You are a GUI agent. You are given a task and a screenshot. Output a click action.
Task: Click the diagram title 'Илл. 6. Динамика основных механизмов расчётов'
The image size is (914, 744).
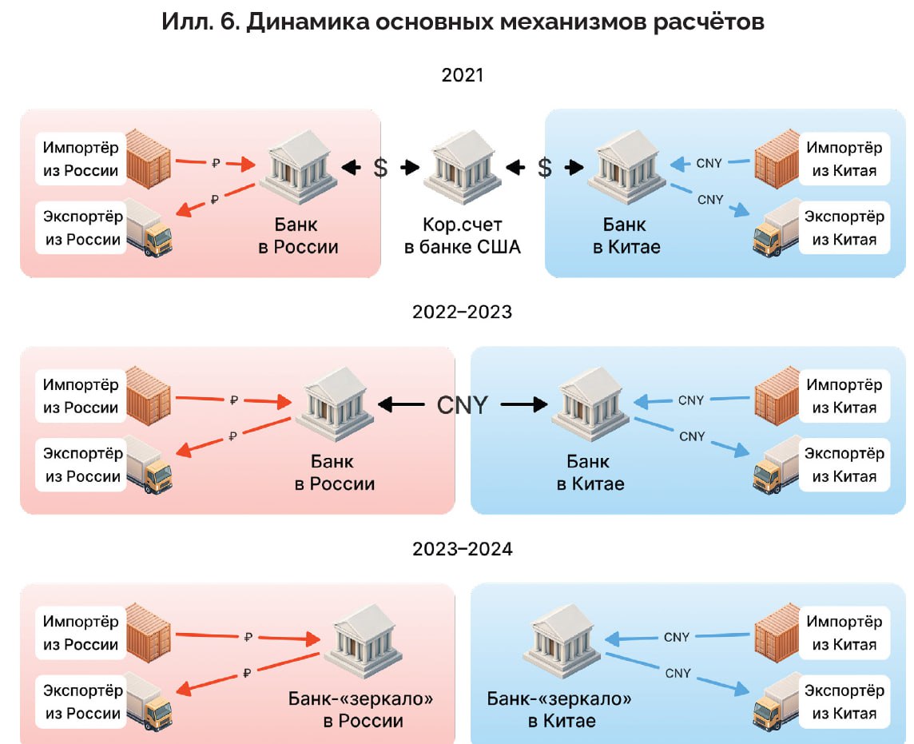(463, 22)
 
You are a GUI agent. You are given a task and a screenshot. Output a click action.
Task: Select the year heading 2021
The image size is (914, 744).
(463, 76)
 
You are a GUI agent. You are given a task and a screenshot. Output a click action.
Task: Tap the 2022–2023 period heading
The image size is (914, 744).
(462, 312)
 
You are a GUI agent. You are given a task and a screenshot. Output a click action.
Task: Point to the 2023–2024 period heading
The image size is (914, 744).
(462, 550)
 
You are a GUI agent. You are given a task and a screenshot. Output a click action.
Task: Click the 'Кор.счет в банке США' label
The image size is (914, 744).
(462, 236)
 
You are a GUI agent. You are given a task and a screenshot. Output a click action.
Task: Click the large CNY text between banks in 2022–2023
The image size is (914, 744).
(462, 405)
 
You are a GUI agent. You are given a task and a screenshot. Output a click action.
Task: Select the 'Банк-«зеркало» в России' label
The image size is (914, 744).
(361, 710)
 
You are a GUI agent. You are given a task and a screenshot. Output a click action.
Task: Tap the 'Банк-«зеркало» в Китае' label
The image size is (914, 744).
(560, 710)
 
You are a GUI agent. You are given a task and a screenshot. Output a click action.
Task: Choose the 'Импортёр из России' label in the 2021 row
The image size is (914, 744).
(81, 159)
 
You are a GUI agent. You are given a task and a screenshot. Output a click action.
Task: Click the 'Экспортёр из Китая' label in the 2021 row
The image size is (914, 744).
(844, 228)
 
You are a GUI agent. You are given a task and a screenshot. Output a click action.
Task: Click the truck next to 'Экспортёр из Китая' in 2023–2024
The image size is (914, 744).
(777, 702)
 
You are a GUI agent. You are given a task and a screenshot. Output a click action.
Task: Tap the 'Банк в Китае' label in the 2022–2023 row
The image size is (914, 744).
(590, 472)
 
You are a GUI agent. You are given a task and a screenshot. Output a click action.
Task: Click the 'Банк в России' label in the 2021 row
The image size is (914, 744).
(298, 236)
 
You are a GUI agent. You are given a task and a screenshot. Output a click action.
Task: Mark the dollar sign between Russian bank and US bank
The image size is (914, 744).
(380, 168)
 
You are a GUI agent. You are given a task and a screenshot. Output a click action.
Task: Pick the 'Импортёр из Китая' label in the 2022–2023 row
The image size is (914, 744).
(844, 396)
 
